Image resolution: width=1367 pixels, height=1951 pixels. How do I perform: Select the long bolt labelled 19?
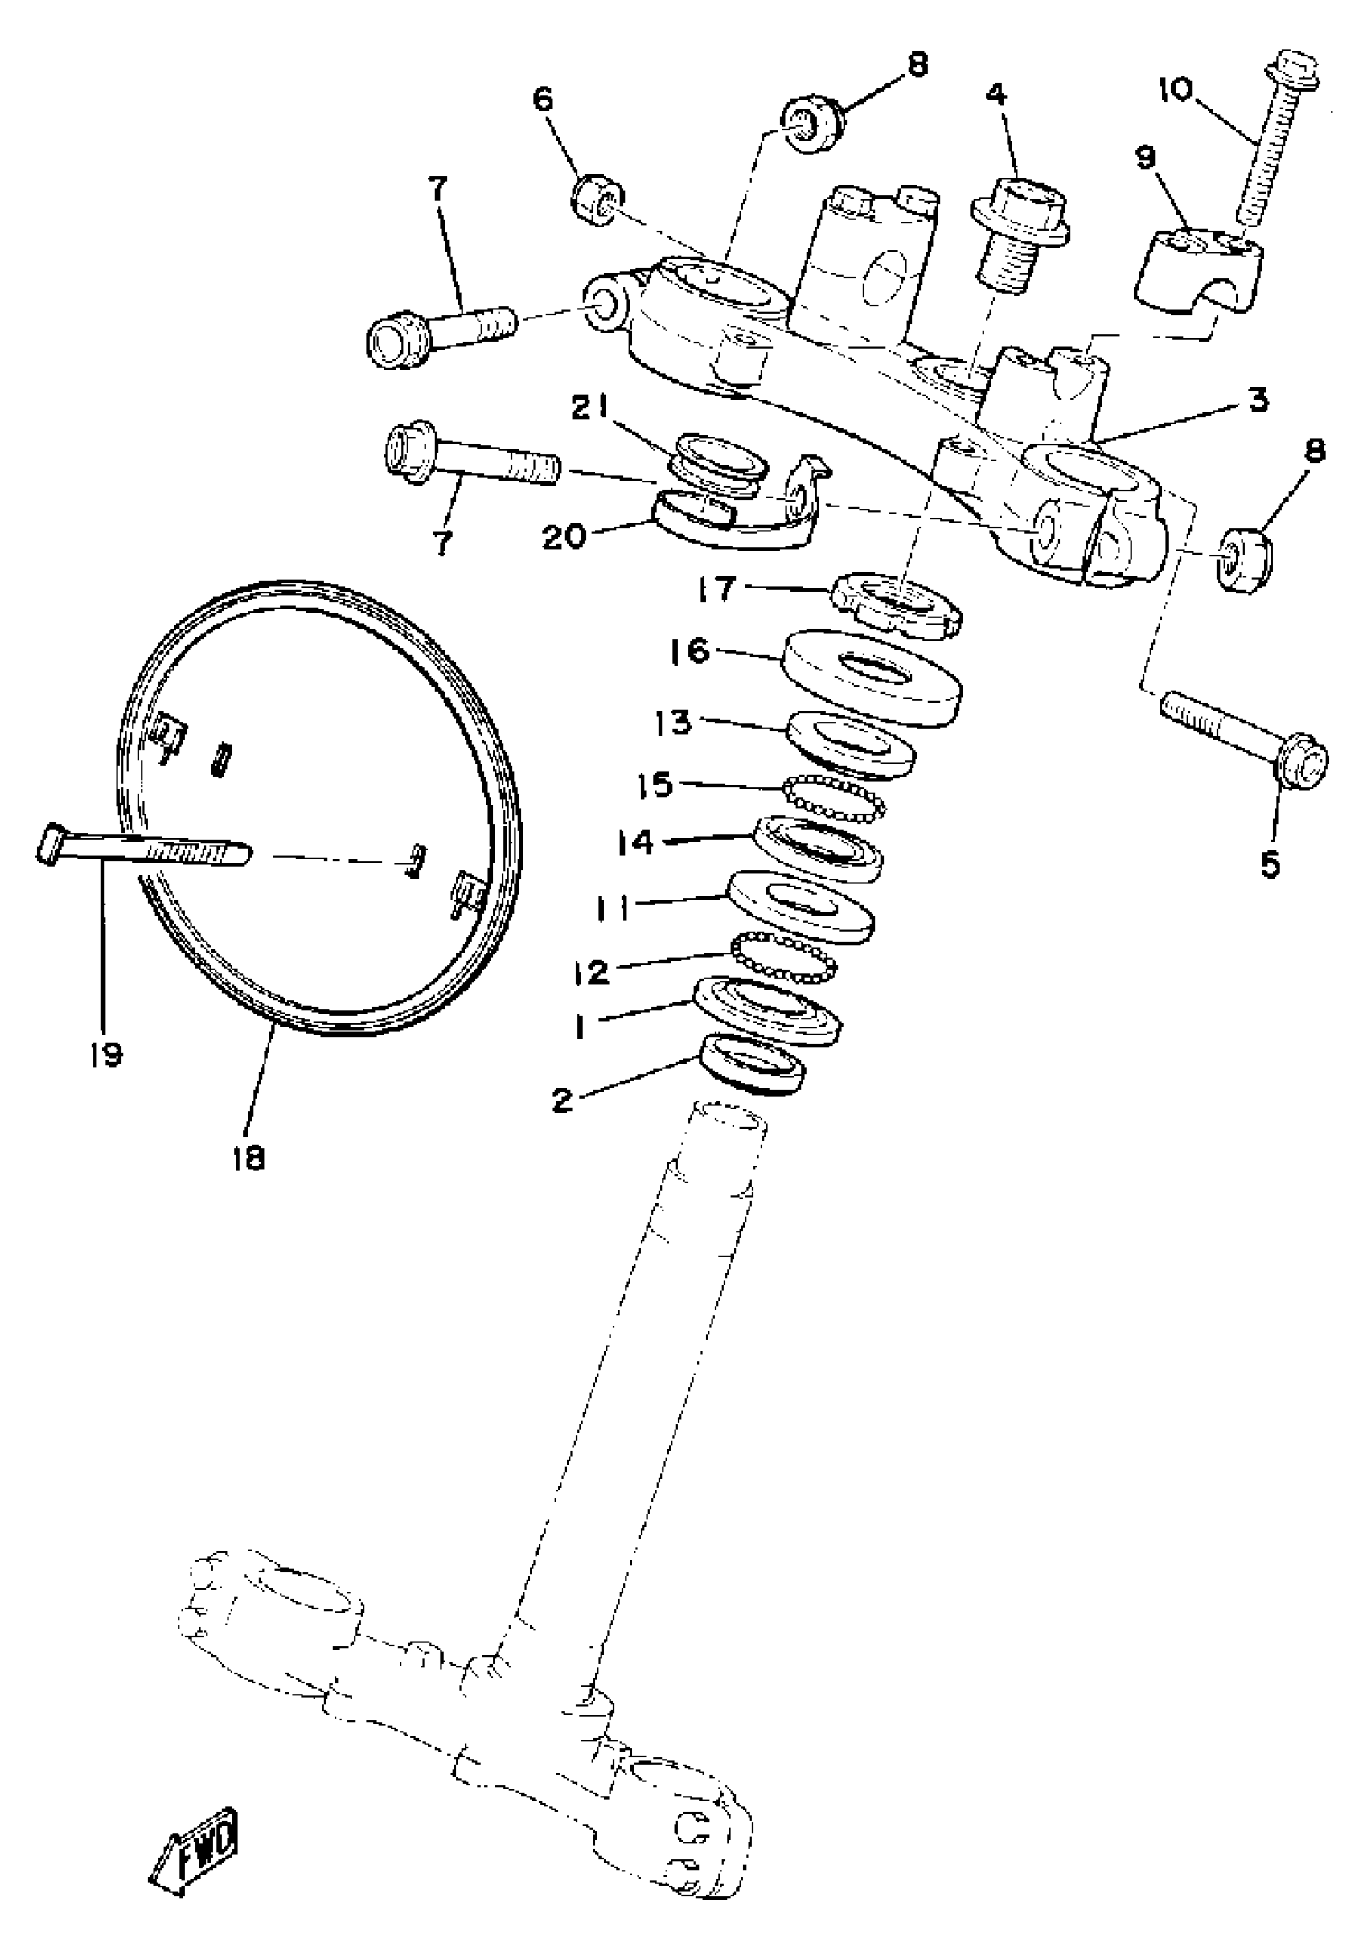(145, 847)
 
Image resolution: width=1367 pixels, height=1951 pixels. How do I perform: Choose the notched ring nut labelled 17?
(896, 601)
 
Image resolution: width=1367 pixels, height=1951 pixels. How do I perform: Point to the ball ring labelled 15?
(833, 798)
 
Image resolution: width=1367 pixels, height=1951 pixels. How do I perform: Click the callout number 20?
(565, 537)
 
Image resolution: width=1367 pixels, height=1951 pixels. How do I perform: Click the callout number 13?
(672, 724)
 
